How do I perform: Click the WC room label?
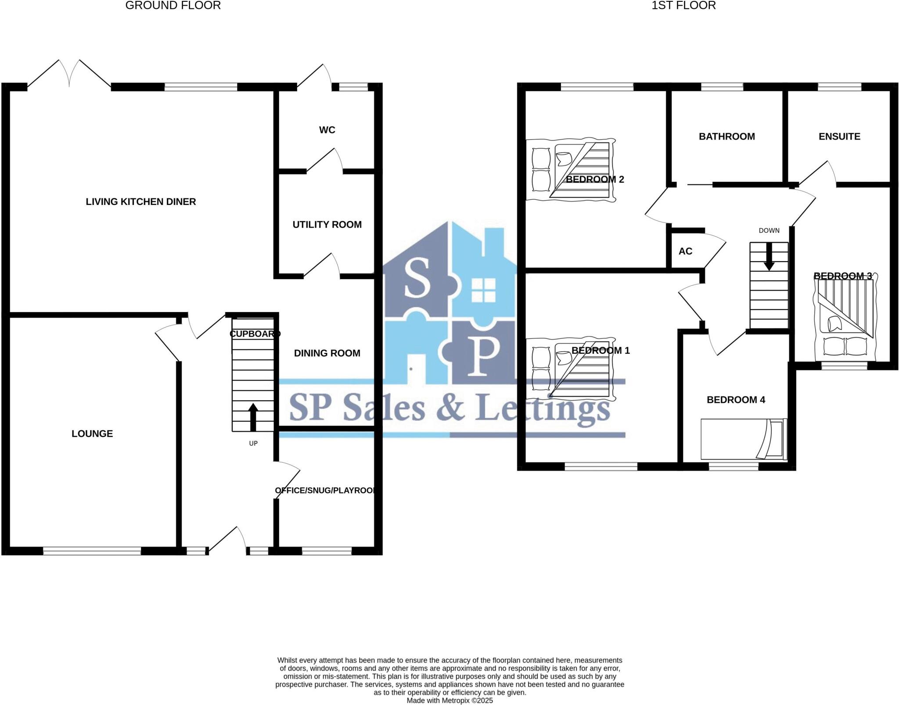click(x=327, y=130)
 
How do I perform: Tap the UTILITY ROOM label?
click(x=327, y=224)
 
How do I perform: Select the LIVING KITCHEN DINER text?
click(x=140, y=201)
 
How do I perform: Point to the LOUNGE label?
click(x=92, y=434)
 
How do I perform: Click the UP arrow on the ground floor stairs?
click(x=253, y=417)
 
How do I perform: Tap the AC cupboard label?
click(x=685, y=251)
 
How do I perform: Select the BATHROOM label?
click(x=727, y=137)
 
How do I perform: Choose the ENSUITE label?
click(x=839, y=137)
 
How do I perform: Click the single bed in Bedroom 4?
click(x=744, y=439)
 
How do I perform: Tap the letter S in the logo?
click(x=417, y=278)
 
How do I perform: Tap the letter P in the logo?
click(x=482, y=356)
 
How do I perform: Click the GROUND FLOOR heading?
click(x=173, y=5)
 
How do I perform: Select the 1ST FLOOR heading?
click(x=683, y=5)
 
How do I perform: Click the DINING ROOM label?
click(x=327, y=353)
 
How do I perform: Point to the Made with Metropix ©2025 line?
click(x=449, y=701)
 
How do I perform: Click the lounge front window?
click(x=92, y=551)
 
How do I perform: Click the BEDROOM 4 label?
click(x=736, y=399)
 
